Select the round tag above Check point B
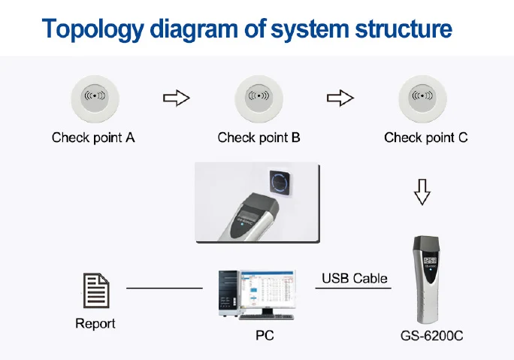[259, 98]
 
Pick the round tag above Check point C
[425, 98]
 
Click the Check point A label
[93, 138]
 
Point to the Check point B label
[259, 138]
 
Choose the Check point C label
[425, 138]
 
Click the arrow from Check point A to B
[177, 98]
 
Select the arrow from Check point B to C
[340, 98]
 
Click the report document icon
[95, 289]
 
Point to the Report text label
[95, 324]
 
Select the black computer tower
[226, 292]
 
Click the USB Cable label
[355, 278]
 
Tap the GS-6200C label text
[432, 335]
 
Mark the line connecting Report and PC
[164, 288]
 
